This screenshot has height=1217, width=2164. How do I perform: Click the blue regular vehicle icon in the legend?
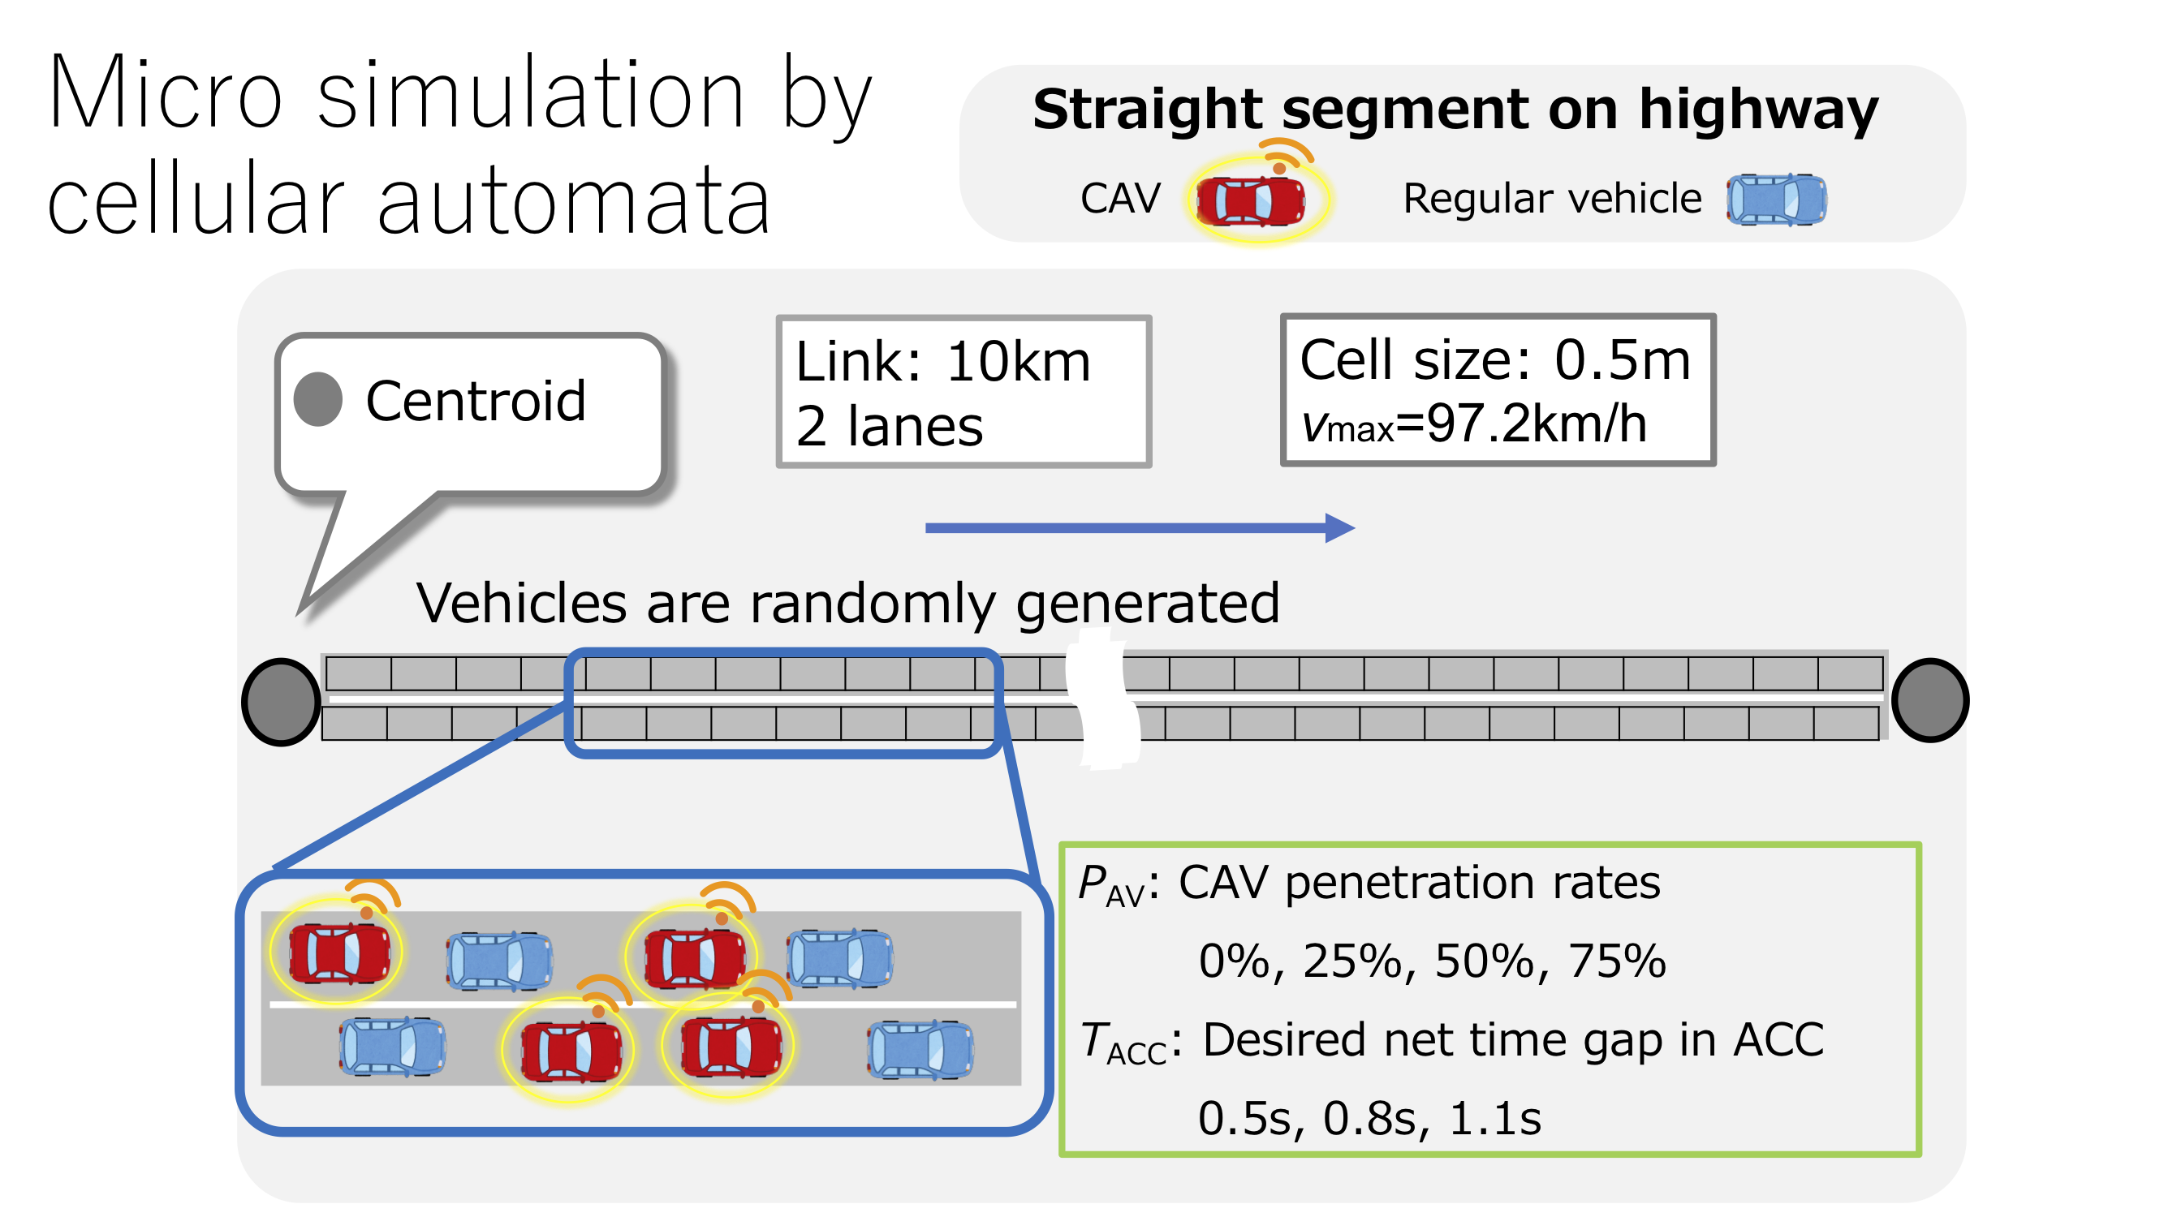pyautogui.click(x=1776, y=200)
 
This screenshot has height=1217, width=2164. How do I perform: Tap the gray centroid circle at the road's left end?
pyautogui.click(x=281, y=701)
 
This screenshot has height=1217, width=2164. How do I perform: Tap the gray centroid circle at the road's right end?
pyautogui.click(x=1929, y=700)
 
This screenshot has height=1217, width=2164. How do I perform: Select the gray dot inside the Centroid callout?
pyautogui.click(x=317, y=400)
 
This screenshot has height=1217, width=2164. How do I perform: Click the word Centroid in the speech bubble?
pyautogui.click(x=476, y=402)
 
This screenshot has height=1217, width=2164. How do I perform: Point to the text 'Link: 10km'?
pyautogui.click(x=942, y=363)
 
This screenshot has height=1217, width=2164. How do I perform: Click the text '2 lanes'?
pyautogui.click(x=889, y=427)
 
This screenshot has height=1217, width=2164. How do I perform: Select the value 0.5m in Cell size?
pyautogui.click(x=1621, y=361)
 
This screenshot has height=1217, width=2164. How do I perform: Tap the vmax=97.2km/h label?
pyautogui.click(x=1473, y=425)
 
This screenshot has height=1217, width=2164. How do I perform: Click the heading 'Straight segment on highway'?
pyautogui.click(x=1455, y=110)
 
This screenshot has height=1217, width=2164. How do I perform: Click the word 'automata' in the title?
pyautogui.click(x=573, y=201)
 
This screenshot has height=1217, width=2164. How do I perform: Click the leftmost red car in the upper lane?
pyautogui.click(x=338, y=953)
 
